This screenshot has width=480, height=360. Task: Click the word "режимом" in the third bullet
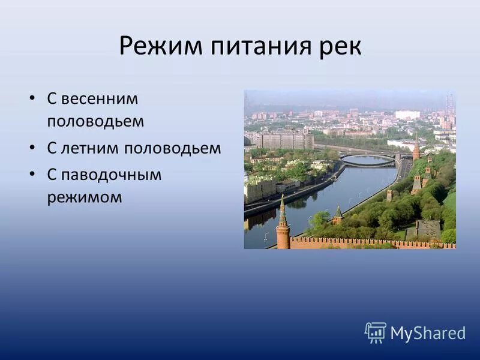point(84,197)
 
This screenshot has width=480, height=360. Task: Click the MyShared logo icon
point(375,332)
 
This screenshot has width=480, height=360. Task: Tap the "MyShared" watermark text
point(428,333)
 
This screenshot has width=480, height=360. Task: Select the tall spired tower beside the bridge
point(416,147)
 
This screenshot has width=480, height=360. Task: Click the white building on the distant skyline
point(407,115)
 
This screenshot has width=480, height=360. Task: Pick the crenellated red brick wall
point(372,243)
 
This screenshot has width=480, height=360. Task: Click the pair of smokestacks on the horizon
point(449,103)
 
